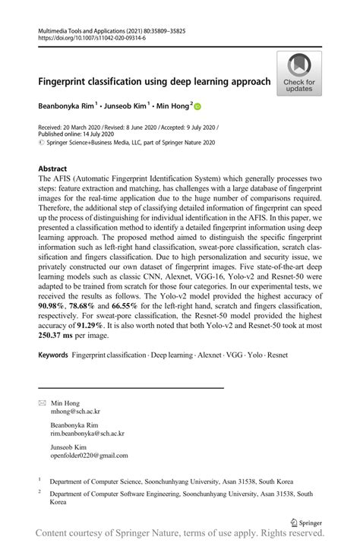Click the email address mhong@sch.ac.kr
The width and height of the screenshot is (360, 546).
pos(76,412)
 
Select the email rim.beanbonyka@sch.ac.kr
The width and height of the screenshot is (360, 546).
pos(87,434)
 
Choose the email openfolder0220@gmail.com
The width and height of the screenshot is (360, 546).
pos(89,456)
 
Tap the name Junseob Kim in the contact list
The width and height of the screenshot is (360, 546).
pos(70,447)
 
